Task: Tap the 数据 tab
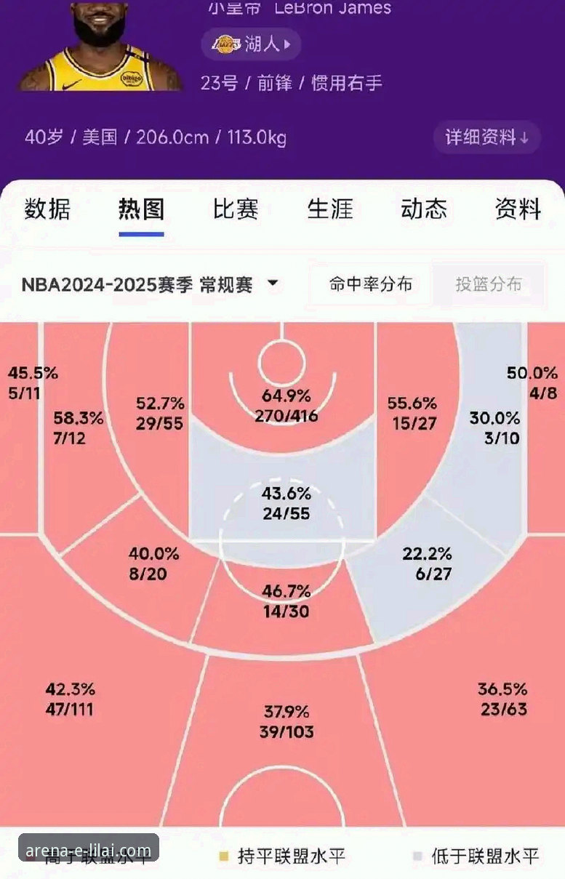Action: (47, 209)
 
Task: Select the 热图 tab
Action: (141, 209)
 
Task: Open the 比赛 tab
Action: (236, 209)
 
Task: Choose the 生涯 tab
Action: (329, 209)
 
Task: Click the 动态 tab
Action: (424, 209)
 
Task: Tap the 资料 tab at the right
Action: (518, 209)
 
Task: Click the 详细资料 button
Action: (486, 137)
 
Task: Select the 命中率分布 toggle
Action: (370, 284)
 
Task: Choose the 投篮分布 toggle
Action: (489, 284)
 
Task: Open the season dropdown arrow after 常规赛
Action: (273, 284)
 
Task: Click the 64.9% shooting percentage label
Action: (286, 396)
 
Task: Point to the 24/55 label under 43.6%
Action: (286, 513)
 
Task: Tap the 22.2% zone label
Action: (427, 554)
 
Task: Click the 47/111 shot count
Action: (70, 710)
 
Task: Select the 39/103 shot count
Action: (286, 731)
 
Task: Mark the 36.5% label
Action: (502, 689)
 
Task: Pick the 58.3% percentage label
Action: (78, 418)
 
